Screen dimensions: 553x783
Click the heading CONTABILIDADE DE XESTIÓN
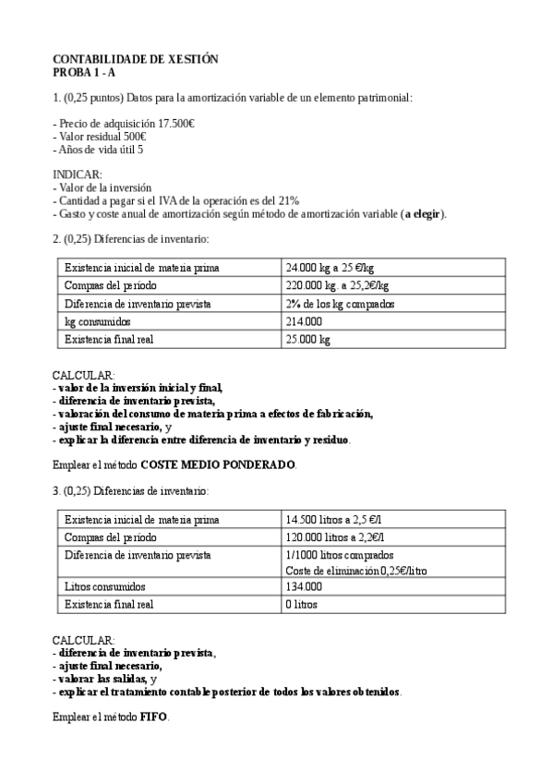[x=135, y=59]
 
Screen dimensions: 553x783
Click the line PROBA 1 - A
[x=84, y=71]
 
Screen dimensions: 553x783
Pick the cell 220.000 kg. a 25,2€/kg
[x=338, y=285]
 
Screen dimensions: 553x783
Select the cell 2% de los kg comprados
[x=341, y=304]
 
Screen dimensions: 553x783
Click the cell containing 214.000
[x=305, y=321]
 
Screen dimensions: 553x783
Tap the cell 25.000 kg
[x=308, y=339]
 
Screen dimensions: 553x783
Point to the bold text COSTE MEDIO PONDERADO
[x=219, y=464]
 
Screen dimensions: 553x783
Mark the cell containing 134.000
[x=305, y=586]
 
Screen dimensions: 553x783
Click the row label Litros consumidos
[x=108, y=586]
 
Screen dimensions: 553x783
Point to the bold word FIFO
[x=154, y=717]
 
